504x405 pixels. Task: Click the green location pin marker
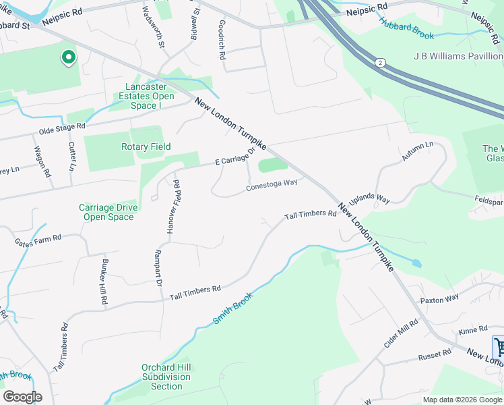click(x=68, y=58)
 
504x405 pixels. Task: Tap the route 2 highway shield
click(x=380, y=62)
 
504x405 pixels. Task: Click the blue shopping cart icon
click(x=499, y=347)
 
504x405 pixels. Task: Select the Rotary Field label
click(x=146, y=146)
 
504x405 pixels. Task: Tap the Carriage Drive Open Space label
click(x=106, y=212)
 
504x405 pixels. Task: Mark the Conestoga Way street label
click(x=272, y=184)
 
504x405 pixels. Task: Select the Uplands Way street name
click(x=369, y=198)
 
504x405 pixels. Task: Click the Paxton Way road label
click(x=439, y=298)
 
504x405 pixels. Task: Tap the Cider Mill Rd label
click(x=401, y=333)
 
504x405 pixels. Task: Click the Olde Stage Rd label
click(x=62, y=127)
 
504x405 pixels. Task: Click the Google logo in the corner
click(x=22, y=396)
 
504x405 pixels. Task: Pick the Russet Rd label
click(x=435, y=354)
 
